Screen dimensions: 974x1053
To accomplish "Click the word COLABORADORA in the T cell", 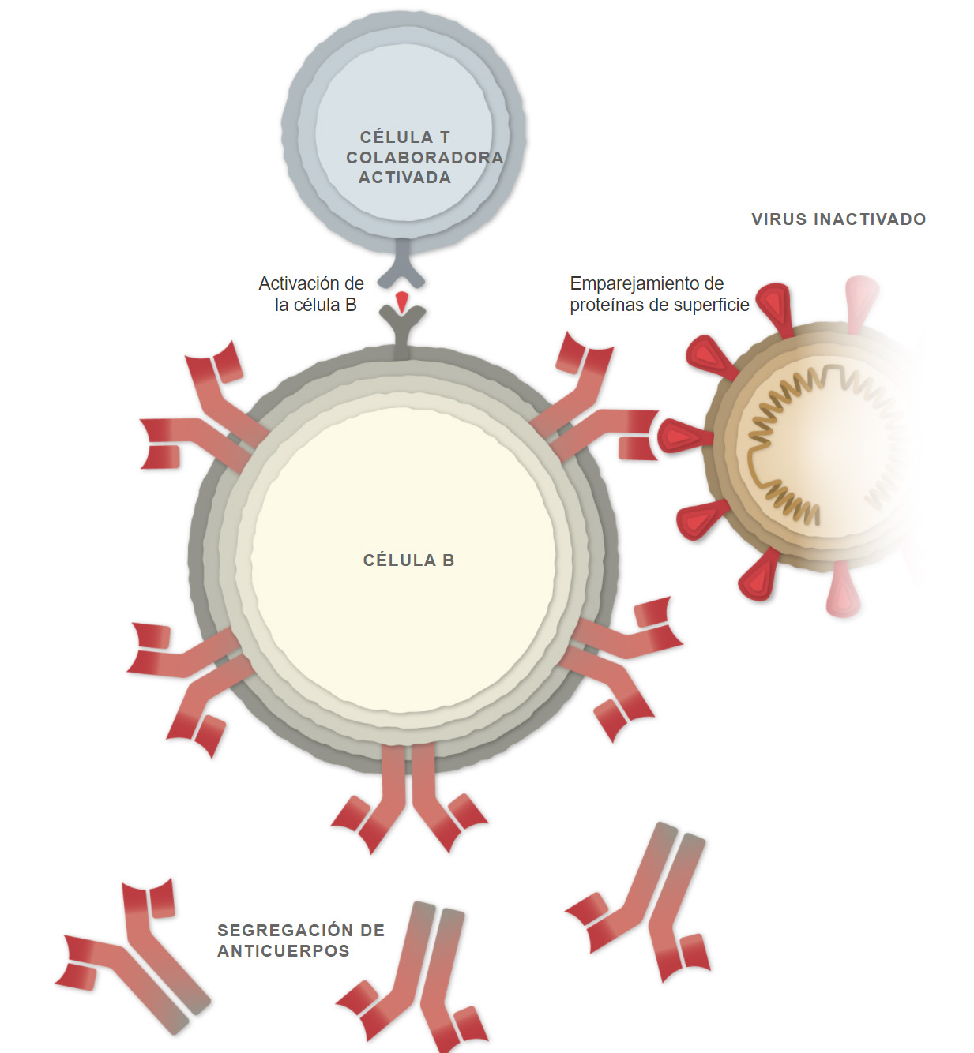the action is tap(425, 157).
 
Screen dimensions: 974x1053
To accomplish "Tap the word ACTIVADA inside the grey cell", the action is tap(405, 178).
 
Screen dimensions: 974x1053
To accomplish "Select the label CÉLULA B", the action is tap(408, 560).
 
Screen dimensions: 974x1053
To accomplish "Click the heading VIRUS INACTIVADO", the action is tap(839, 219).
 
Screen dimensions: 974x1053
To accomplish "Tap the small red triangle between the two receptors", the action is tap(402, 302).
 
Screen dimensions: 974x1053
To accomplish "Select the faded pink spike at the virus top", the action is tap(861, 302).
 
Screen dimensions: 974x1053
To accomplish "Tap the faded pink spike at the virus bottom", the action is tap(844, 590).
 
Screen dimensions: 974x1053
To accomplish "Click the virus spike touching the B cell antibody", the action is tap(685, 436).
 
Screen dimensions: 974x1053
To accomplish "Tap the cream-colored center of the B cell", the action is tap(404, 560).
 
